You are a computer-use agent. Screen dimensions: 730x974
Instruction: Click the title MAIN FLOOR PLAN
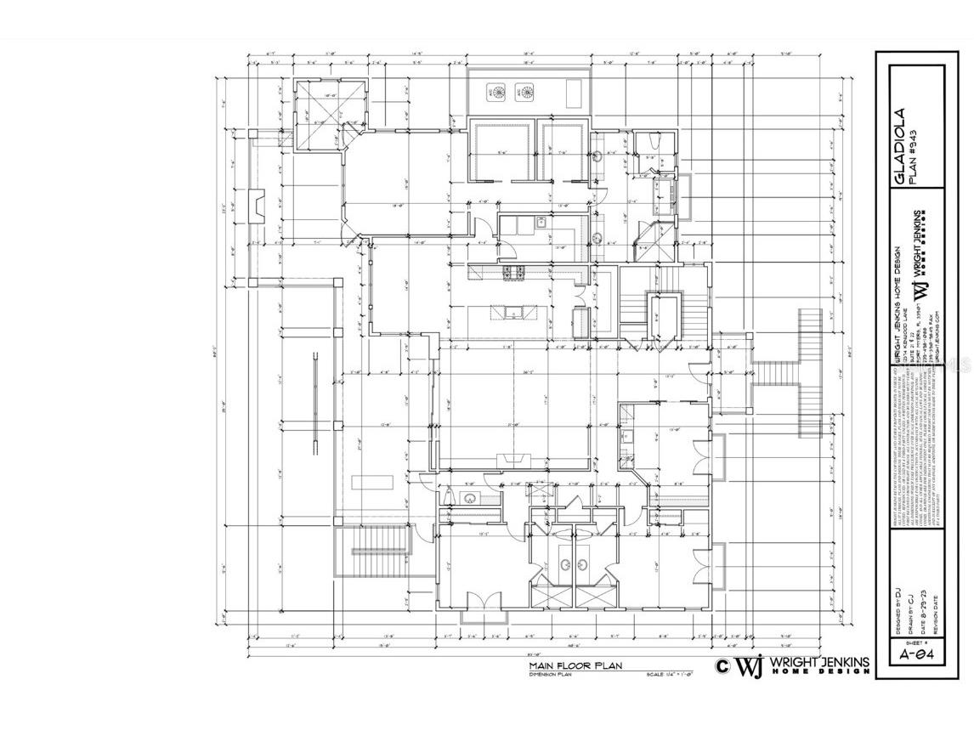point(572,665)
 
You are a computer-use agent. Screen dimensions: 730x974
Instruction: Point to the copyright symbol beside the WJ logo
point(722,666)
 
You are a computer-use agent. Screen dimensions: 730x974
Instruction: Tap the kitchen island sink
point(513,313)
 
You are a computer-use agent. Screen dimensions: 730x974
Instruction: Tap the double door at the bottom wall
point(478,605)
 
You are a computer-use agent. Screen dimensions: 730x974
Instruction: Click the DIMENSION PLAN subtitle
point(550,675)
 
